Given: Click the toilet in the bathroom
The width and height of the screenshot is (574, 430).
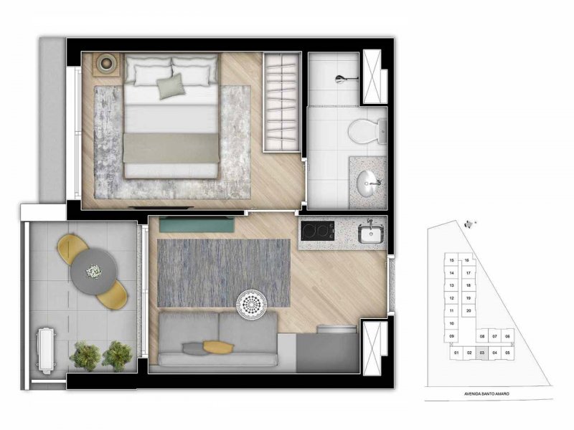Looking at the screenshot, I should point(367,131).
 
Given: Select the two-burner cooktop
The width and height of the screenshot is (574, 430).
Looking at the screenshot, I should point(316,232).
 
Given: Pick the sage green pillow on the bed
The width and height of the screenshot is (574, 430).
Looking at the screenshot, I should point(171,87).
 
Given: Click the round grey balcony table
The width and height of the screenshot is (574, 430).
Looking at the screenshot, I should point(93,270).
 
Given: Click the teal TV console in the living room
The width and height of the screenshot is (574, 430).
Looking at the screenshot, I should point(194,224).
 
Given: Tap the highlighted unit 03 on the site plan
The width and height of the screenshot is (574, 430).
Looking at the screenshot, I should point(481,353).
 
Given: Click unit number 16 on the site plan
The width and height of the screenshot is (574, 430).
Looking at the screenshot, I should point(467,260).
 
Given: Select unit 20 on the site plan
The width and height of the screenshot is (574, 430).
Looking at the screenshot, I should point(468,310).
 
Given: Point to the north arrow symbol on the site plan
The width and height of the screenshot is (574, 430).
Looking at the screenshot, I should point(471,223).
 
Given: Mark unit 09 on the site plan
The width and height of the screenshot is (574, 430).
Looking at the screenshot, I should point(452,336).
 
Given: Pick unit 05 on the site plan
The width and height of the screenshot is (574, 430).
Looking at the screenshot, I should point(507,353).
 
